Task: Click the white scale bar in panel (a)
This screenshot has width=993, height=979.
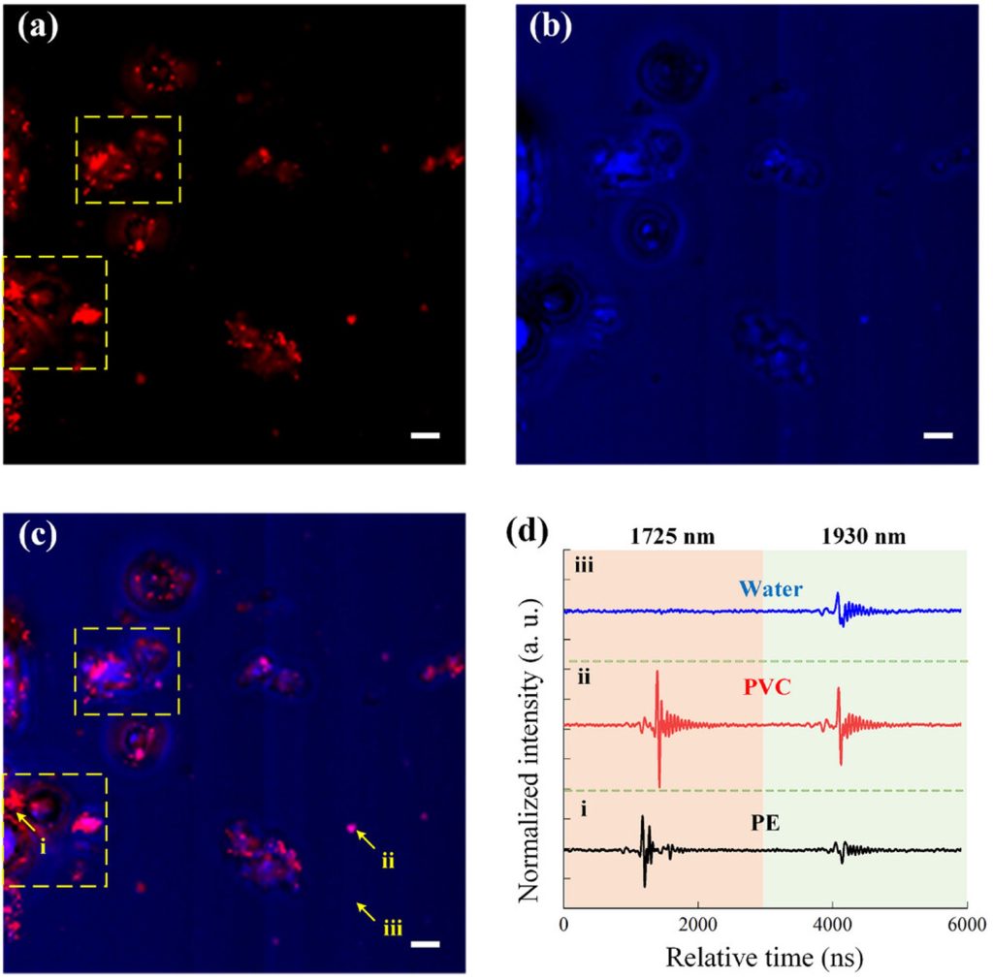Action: click(x=426, y=435)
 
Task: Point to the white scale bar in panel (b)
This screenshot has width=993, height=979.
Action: click(x=938, y=435)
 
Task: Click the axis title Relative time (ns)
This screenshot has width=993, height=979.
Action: click(x=764, y=957)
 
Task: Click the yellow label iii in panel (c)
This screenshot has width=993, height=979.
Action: click(x=393, y=930)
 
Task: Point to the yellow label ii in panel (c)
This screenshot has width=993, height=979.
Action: click(x=386, y=860)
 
